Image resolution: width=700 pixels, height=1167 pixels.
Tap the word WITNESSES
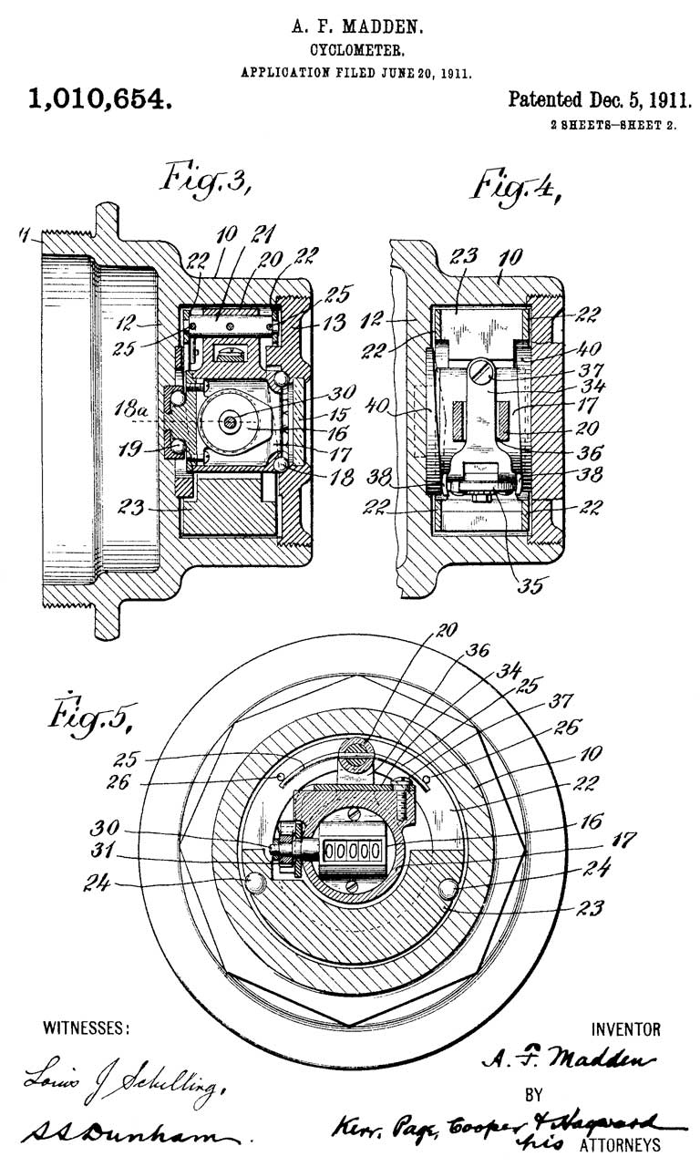(x=87, y=1028)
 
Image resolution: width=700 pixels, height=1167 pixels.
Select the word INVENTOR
(x=626, y=1030)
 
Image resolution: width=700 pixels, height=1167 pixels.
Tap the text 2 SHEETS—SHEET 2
(x=612, y=126)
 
